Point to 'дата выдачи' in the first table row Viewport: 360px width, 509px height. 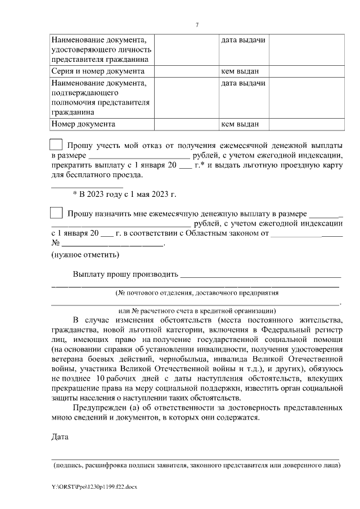click(x=243, y=40)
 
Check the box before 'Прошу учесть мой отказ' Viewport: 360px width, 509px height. click(x=56, y=143)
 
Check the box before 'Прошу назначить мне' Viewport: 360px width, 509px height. click(x=56, y=213)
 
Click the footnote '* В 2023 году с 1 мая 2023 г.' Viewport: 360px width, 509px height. click(x=125, y=194)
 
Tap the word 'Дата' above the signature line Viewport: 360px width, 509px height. click(x=60, y=437)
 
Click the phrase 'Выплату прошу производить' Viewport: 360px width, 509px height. click(x=125, y=274)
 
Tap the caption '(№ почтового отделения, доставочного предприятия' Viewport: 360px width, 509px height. click(x=197, y=294)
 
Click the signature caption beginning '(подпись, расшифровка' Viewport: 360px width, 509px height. click(x=197, y=466)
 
